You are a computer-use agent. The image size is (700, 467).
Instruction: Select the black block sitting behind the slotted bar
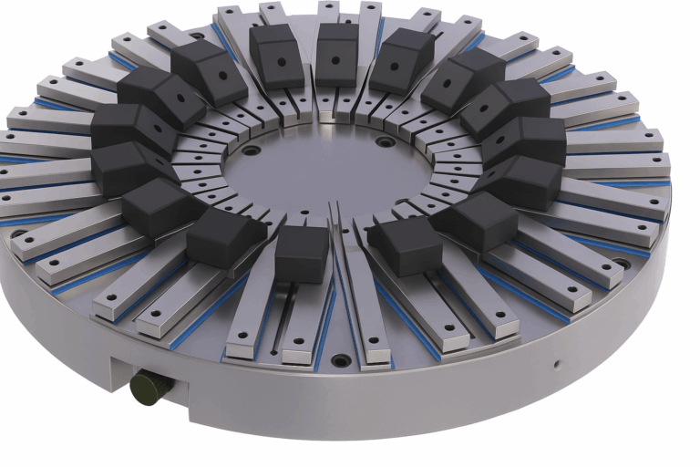tap(301, 253)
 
